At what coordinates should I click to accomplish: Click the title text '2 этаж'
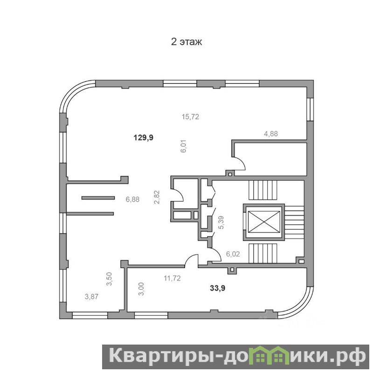[186, 42]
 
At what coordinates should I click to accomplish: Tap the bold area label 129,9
[144, 138]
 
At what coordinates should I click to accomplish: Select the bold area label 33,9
[218, 288]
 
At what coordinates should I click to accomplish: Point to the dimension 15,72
[190, 117]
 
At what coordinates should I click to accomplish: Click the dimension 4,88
[271, 134]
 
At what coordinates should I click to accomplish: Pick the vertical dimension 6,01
[184, 146]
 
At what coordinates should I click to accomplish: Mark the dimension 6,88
[132, 200]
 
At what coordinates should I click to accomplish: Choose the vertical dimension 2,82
[157, 197]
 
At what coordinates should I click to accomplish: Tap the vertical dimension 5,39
[221, 222]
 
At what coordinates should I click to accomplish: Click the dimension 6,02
[233, 254]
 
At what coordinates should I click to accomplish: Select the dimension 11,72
[172, 278]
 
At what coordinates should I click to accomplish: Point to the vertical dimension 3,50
[109, 279]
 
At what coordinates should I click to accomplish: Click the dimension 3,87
[91, 297]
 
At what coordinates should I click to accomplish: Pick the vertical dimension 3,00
[141, 289]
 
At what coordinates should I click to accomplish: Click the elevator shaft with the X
[263, 222]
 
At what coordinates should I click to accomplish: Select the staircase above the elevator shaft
[263, 190]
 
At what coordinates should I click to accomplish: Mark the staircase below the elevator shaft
[263, 253]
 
